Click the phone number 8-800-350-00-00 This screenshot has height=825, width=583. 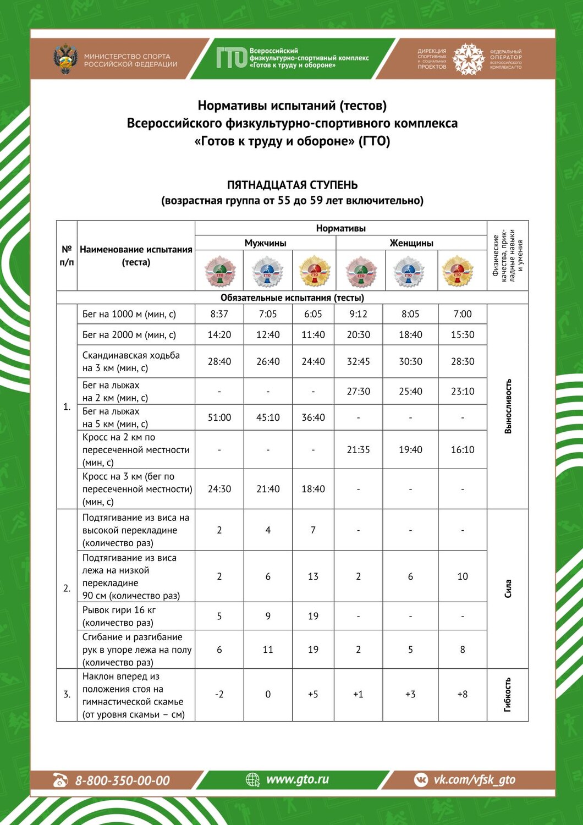(122, 780)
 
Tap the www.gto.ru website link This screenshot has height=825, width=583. (297, 779)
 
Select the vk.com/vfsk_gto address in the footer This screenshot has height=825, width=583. (474, 779)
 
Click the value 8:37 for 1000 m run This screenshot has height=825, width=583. (219, 314)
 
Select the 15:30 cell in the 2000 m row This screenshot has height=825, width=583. (463, 334)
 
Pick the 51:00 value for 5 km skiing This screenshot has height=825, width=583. (219, 417)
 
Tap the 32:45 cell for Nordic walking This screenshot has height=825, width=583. (359, 361)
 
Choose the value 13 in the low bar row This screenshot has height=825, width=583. (313, 576)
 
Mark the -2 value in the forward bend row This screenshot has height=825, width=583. (219, 694)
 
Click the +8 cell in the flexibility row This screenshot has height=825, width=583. (463, 694)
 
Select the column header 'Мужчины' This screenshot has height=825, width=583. (265, 243)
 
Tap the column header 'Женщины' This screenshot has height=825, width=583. (411, 243)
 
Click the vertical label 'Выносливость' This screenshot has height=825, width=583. (508, 406)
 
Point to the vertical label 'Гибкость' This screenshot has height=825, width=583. (508, 694)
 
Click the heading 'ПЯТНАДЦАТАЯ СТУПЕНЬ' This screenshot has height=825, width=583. (292, 185)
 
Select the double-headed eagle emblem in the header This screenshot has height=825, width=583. (65, 59)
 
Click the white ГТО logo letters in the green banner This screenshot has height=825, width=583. (231, 57)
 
